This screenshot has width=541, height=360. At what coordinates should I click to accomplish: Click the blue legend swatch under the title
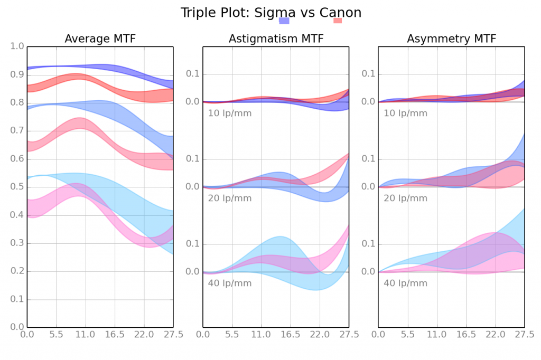coord(284,21)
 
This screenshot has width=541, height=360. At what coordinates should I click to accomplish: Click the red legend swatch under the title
coord(338,21)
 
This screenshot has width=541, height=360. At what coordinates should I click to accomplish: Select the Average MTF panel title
coord(100,39)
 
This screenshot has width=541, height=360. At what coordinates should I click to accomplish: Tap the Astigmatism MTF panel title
coord(276,39)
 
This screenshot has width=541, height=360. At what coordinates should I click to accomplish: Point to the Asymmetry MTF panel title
coord(451,39)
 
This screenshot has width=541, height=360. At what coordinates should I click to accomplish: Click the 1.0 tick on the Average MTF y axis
coord(18,46)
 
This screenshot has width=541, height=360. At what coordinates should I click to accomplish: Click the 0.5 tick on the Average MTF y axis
coord(18,187)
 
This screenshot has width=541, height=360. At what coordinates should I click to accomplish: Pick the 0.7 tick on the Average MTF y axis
coord(18,131)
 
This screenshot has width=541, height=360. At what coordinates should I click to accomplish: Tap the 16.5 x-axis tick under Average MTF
coord(115,334)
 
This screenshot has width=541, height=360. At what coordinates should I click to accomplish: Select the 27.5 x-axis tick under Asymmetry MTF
coord(524,334)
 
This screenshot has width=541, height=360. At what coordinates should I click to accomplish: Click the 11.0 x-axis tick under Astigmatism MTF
coord(261,334)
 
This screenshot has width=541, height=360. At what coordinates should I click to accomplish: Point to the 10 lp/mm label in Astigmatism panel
coord(230,113)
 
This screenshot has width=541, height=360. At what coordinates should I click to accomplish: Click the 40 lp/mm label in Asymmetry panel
coord(405,283)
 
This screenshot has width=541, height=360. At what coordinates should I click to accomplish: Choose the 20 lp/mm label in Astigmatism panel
coord(230,198)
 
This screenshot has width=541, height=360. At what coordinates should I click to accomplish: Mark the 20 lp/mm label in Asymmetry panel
coord(405,198)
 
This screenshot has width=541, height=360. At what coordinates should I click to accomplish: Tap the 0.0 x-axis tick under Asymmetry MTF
coord(378,334)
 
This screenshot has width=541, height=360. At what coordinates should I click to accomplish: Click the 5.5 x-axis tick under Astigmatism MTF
coord(232,334)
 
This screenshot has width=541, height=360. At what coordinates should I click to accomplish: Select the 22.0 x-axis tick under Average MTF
coord(144,334)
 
